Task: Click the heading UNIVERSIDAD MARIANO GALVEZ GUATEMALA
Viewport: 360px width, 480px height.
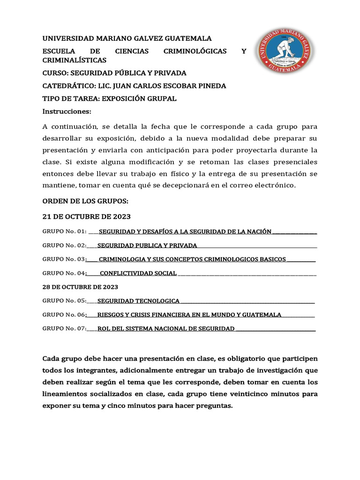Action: [127, 38]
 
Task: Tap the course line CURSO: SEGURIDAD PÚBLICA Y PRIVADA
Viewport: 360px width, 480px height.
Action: [114, 73]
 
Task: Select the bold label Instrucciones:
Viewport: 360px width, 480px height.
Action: [67, 112]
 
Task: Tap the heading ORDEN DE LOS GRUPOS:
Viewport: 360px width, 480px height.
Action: [85, 201]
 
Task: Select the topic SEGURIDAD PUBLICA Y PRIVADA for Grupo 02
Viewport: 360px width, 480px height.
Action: [147, 245]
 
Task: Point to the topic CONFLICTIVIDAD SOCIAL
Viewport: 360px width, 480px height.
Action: [138, 273]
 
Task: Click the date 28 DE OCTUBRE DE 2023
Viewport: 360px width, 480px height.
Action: [80, 287]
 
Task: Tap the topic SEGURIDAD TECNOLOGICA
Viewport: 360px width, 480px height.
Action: [138, 301]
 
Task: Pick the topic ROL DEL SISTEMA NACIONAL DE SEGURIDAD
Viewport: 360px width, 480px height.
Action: [166, 329]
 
